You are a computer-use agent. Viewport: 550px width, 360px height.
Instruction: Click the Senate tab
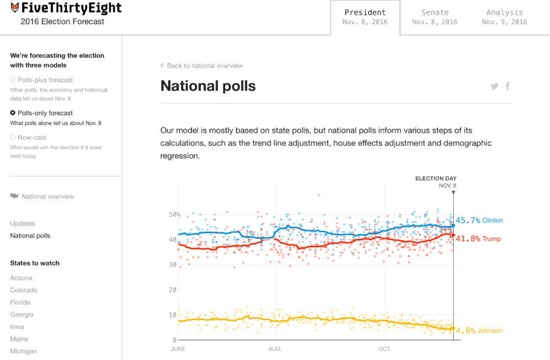(x=435, y=17)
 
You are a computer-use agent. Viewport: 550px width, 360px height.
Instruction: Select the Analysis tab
(x=504, y=17)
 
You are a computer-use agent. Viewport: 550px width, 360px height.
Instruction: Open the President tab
(x=365, y=17)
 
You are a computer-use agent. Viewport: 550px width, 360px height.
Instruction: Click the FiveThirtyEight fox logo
(x=15, y=8)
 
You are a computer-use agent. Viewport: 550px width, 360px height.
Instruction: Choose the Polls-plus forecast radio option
(x=13, y=80)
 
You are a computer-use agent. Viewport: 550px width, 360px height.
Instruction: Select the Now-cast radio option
(x=13, y=138)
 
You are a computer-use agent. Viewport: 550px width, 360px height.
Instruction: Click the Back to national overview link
(x=202, y=66)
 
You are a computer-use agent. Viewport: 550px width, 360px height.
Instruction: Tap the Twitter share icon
(x=494, y=86)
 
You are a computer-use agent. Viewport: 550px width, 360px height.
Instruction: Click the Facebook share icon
(x=508, y=86)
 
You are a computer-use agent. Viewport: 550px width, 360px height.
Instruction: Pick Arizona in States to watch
(x=21, y=278)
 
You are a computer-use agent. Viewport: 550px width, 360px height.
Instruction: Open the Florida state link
(x=21, y=302)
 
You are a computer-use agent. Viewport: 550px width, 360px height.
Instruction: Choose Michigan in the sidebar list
(x=24, y=351)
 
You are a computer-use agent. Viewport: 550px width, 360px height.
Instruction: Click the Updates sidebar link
(x=23, y=224)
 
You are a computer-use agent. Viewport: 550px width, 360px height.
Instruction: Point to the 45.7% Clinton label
(x=479, y=220)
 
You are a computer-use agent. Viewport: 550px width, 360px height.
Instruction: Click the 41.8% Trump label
(x=478, y=239)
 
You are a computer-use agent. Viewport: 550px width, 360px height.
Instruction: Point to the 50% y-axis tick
(x=174, y=215)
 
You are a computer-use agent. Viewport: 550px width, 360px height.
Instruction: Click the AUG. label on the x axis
(x=275, y=349)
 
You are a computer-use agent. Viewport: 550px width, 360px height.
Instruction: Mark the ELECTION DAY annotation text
(x=436, y=179)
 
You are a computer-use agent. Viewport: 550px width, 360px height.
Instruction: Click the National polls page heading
(x=208, y=86)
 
